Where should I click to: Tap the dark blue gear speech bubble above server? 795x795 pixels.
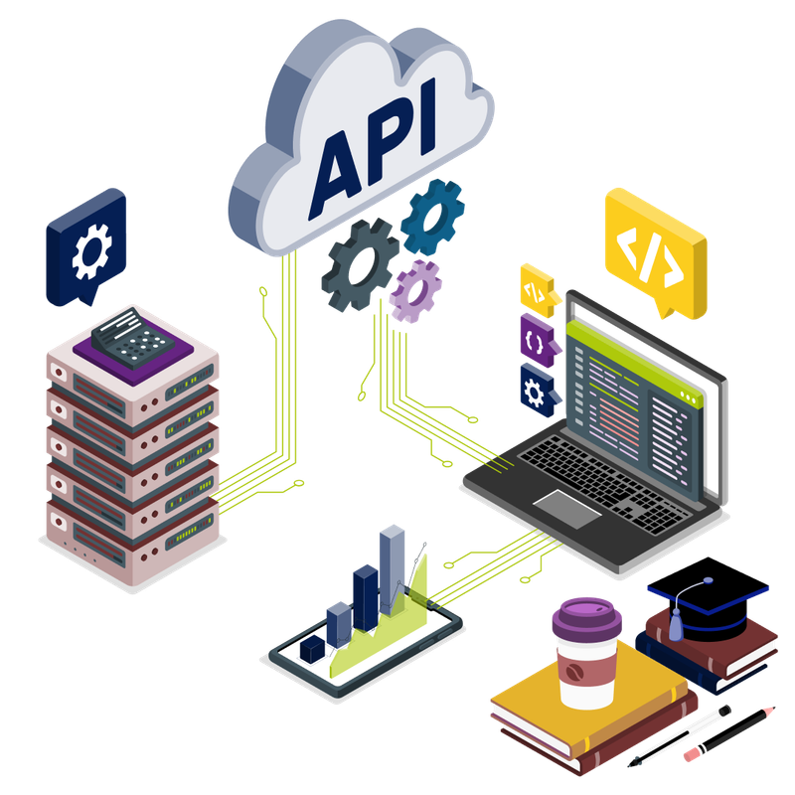coord(87,243)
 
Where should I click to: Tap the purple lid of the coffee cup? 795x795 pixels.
coord(586,616)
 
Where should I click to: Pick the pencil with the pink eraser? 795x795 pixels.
coord(730,735)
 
